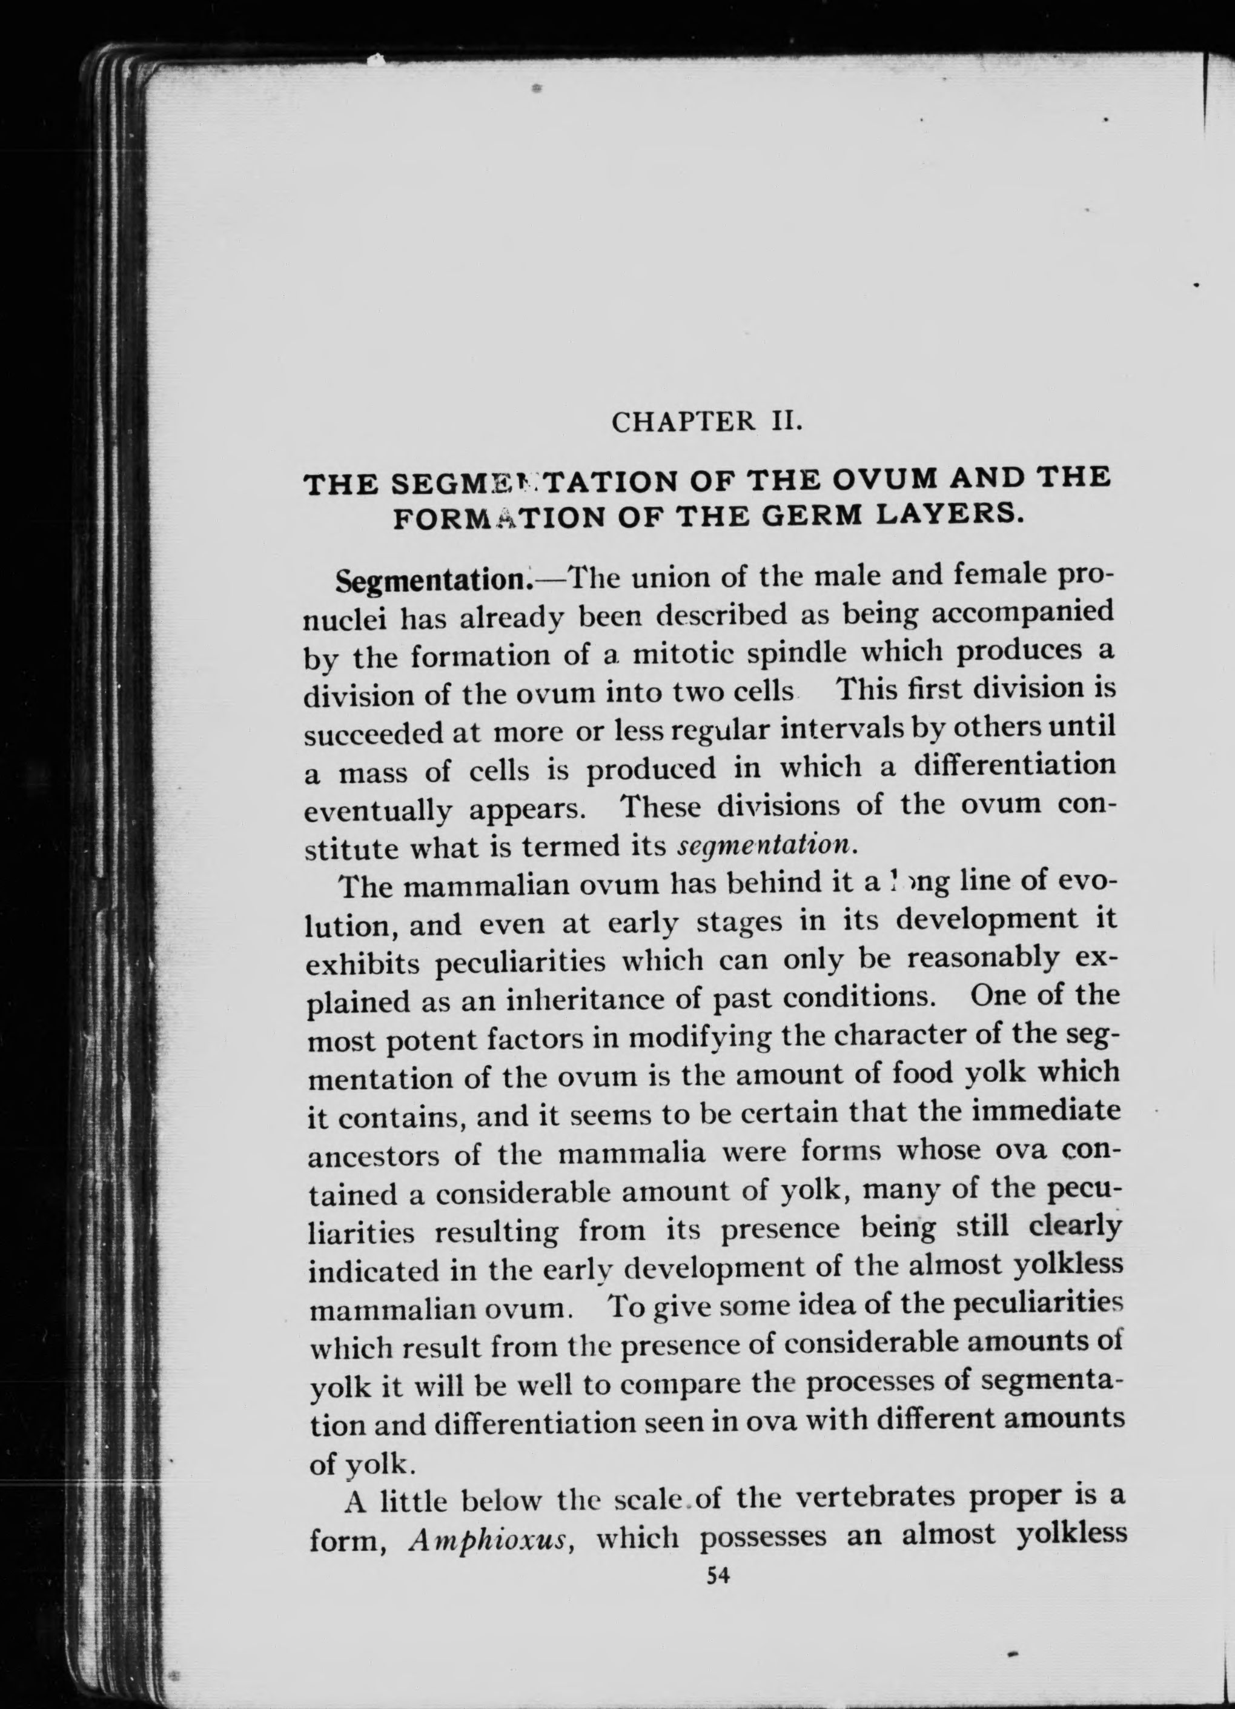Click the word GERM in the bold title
tap(815, 517)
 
